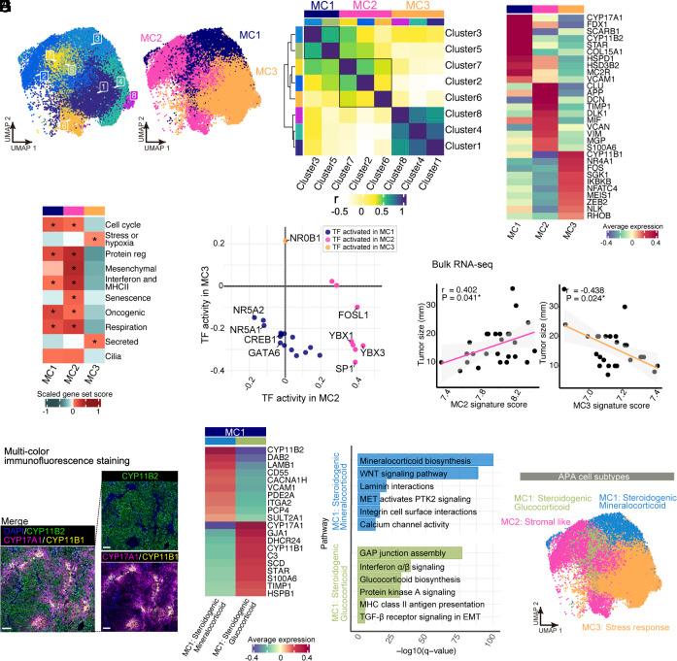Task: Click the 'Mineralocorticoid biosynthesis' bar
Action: [x=427, y=460]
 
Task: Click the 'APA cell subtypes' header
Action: [x=595, y=475]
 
